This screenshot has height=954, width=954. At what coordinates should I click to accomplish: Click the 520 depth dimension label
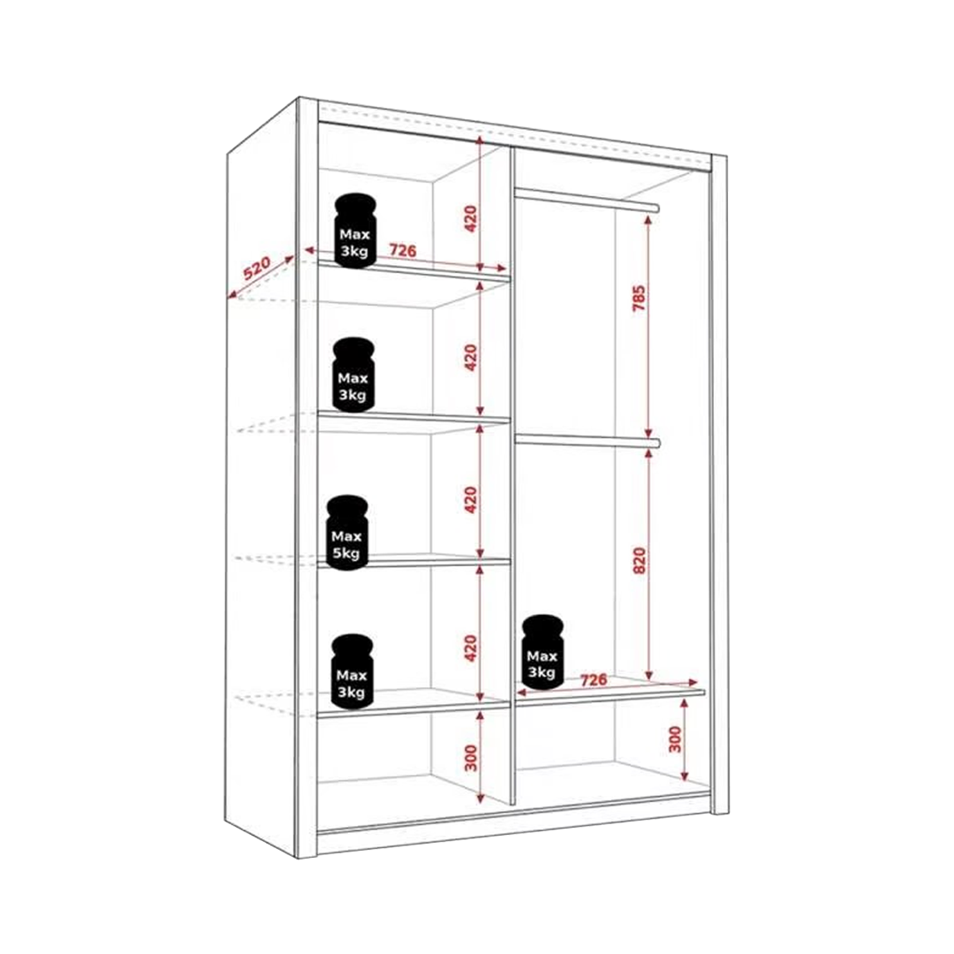(257, 269)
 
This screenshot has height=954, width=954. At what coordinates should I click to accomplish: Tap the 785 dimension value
(639, 298)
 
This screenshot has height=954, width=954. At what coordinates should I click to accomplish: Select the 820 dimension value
(639, 560)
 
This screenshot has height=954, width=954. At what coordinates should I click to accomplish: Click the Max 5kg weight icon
(346, 533)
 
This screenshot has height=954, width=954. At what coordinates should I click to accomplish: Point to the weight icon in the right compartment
(542, 652)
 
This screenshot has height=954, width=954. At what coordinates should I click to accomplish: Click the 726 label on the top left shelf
(403, 249)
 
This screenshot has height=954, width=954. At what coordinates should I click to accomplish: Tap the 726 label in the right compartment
(594, 679)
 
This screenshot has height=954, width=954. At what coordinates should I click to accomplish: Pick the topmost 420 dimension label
(471, 219)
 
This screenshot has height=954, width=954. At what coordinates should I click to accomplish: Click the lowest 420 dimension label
(471, 648)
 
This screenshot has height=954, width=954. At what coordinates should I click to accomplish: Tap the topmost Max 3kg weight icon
(354, 231)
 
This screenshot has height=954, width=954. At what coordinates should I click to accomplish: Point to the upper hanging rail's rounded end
(656, 208)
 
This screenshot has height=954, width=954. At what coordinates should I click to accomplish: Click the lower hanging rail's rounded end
(656, 443)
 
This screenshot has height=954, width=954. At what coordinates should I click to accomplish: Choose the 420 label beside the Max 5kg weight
(471, 499)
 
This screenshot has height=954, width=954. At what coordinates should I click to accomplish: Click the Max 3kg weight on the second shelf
(353, 375)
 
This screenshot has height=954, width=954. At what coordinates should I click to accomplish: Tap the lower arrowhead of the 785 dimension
(648, 431)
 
